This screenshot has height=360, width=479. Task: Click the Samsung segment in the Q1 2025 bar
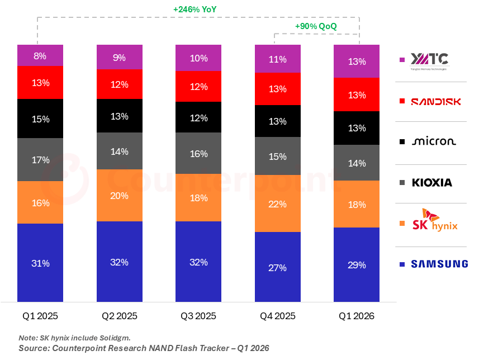click(40, 263)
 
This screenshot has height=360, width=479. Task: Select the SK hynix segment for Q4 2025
click(278, 203)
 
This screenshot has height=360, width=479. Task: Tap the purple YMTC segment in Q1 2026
click(357, 61)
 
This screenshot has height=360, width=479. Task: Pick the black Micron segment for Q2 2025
click(120, 116)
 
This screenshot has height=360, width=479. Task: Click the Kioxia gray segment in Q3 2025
click(198, 153)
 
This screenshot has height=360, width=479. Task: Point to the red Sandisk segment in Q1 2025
click(40, 82)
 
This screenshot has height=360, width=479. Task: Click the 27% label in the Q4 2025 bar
click(277, 268)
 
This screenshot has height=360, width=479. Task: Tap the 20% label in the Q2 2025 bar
click(119, 196)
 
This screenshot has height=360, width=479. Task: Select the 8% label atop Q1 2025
click(40, 56)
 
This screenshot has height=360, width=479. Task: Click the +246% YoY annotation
click(195, 10)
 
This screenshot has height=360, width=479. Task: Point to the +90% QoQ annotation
click(316, 26)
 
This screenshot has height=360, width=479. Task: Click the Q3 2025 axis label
click(198, 316)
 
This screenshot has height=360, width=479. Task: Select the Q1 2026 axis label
click(357, 316)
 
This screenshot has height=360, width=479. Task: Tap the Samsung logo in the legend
click(439, 264)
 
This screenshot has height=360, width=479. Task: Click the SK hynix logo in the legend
click(435, 220)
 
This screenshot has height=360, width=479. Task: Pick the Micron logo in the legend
click(434, 141)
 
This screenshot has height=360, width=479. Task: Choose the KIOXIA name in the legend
click(432, 182)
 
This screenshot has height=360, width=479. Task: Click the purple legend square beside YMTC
click(402, 60)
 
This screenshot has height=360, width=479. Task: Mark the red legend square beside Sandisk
click(402, 101)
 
